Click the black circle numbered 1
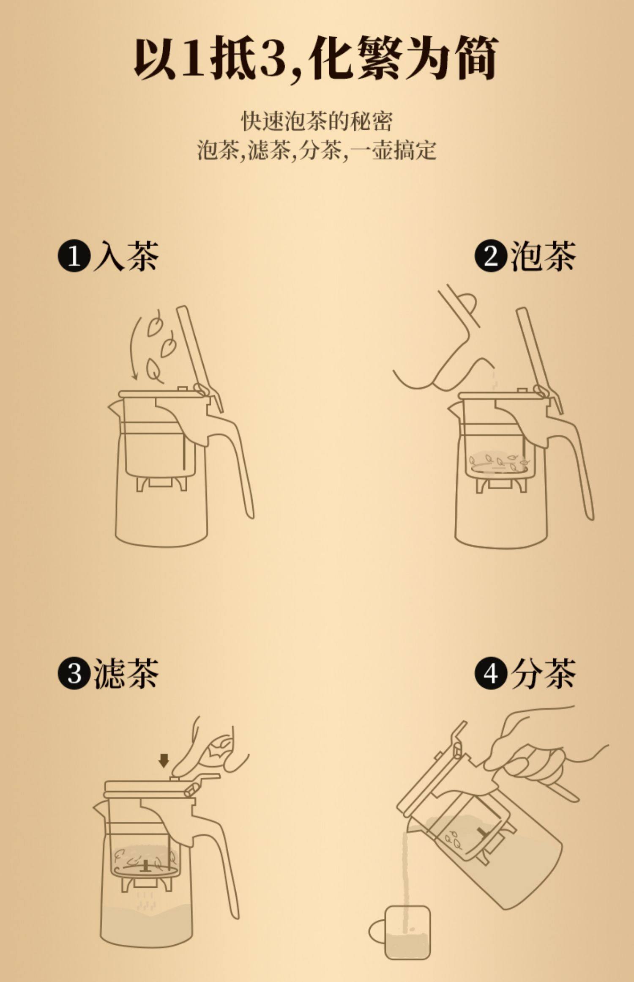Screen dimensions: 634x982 74,255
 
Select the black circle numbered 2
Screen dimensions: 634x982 491,255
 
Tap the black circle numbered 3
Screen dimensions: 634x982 74,673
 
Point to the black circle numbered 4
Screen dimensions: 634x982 491,673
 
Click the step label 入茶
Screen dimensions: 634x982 126,256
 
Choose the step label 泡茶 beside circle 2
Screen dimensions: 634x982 543,256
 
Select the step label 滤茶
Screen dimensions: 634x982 126,673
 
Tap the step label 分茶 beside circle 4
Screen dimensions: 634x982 543,673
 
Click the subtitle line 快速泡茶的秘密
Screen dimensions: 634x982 317,122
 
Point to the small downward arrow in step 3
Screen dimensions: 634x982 164,761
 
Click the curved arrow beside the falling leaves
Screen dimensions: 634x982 134,347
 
